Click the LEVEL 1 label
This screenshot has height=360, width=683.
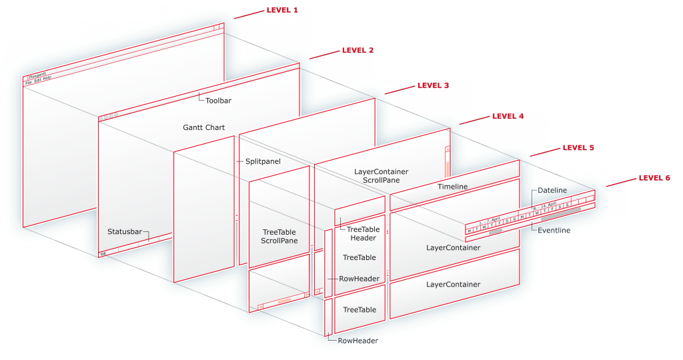click(x=282, y=11)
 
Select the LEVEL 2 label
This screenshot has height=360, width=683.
click(x=358, y=50)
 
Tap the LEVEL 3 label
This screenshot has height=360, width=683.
click(x=433, y=85)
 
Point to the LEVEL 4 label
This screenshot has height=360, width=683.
click(x=508, y=116)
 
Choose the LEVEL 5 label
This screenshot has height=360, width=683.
click(x=578, y=147)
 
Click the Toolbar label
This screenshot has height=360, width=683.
click(x=218, y=101)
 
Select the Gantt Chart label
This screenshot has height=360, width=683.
click(x=203, y=127)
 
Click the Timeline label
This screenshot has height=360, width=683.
click(x=452, y=187)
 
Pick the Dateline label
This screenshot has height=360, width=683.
click(x=552, y=190)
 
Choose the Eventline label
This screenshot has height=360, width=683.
click(x=553, y=229)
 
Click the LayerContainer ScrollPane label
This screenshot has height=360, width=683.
click(x=381, y=176)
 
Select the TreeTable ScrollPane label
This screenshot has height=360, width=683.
click(x=279, y=237)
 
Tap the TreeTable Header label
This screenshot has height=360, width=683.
click(x=363, y=233)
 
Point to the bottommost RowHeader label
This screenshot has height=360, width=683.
click(x=358, y=341)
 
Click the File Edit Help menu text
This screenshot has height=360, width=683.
click(x=38, y=78)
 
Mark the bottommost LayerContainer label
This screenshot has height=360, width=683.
click(x=453, y=285)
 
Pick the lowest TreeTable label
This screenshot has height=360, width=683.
click(x=359, y=310)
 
